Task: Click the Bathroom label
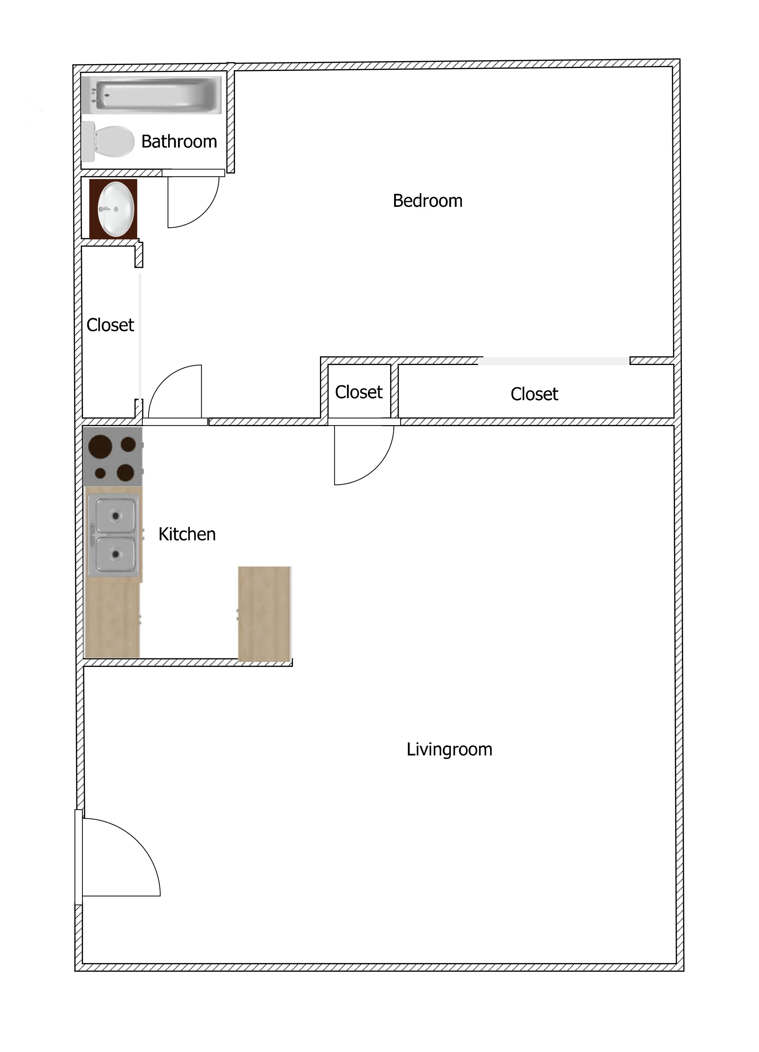click(x=179, y=142)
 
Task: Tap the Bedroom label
click(x=427, y=201)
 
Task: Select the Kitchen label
click(x=187, y=534)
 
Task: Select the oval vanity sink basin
click(x=116, y=209)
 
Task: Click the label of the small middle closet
click(x=359, y=392)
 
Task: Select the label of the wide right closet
click(x=534, y=394)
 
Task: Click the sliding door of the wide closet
click(x=554, y=361)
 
